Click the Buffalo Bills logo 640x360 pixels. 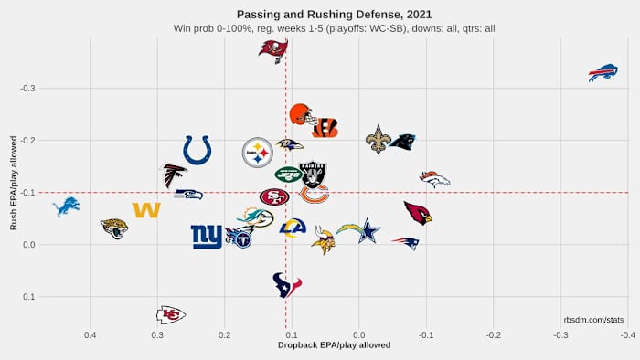603,72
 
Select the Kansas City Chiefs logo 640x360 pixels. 170,314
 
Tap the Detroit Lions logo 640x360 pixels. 66,207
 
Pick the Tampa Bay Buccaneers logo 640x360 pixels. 272,51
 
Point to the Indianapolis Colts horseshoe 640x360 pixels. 197,150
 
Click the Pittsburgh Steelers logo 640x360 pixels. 258,153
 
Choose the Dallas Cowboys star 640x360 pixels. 368,230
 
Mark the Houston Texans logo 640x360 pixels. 287,285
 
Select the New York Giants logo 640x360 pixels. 207,237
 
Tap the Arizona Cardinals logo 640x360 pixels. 418,213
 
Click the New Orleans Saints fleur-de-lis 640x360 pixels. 377,139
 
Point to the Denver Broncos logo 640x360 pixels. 434,178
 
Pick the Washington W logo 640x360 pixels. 146,210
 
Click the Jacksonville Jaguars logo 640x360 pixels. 114,228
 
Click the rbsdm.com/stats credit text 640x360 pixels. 593,320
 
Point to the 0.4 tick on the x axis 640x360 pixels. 90,335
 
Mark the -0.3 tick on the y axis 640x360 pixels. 27,88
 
